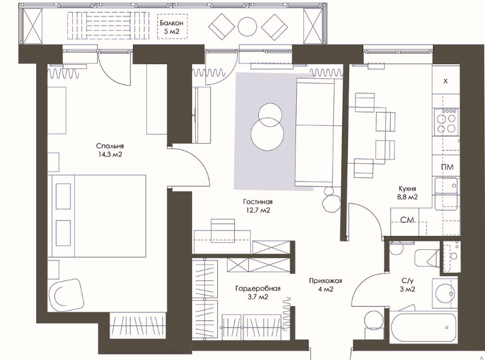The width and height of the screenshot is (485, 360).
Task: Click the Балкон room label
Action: click(171, 23)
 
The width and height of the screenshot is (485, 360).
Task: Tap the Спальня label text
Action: click(110, 146)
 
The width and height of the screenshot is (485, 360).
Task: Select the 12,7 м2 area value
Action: click(257, 210)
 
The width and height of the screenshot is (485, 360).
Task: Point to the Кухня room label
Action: click(407, 188)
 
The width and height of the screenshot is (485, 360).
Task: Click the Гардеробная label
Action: click(257, 288)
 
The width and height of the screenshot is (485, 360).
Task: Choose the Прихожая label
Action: click(325, 281)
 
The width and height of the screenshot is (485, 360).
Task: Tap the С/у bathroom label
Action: click(407, 281)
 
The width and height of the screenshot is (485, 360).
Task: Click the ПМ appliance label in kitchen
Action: click(447, 167)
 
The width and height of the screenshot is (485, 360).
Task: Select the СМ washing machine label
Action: click(407, 220)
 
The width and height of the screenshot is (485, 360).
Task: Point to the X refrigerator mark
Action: click(445, 81)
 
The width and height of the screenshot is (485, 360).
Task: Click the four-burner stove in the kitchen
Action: click(446, 122)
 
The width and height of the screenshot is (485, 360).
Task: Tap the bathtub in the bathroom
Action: click(424, 328)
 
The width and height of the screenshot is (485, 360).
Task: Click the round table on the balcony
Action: click(247, 26)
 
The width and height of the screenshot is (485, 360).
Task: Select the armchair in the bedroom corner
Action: click(66, 295)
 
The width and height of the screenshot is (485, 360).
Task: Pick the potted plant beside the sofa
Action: click(331, 201)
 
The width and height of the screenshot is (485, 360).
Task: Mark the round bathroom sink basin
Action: click(445, 293)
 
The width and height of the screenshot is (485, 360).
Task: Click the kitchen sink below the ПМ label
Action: click(446, 185)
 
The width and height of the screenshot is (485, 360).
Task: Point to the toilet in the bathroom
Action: click(426, 258)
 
